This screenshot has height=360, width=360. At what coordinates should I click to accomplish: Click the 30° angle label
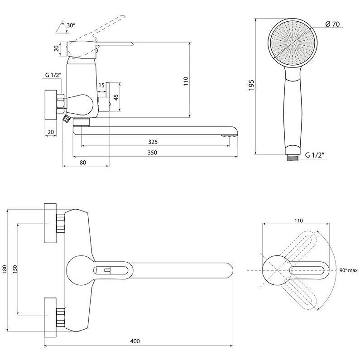(71, 26)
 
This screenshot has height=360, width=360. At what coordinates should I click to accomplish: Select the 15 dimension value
(101, 86)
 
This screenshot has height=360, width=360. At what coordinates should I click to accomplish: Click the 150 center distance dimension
(15, 268)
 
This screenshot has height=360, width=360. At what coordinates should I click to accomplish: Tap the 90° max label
(348, 270)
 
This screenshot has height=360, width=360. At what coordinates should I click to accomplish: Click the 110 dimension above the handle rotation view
(298, 221)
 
